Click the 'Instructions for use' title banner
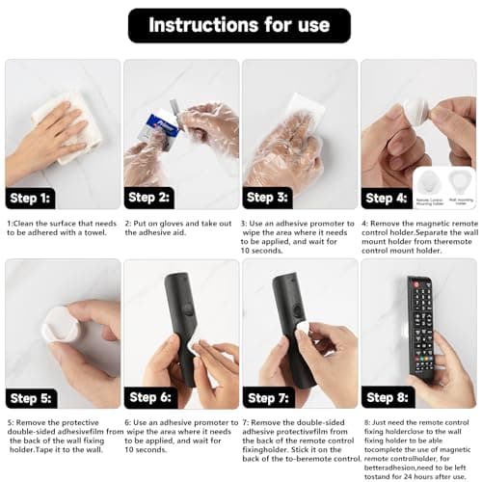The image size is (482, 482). coord(240,24)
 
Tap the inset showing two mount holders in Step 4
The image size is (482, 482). coord(443,187)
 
